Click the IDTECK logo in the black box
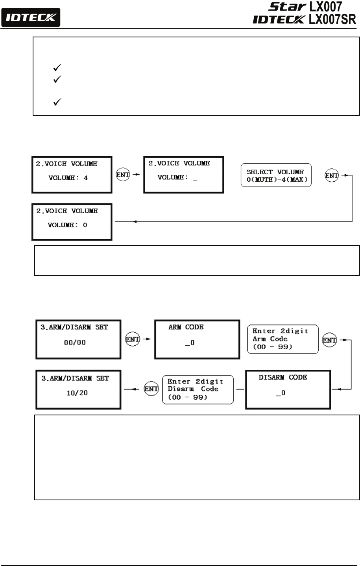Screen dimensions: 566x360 tap(30, 17)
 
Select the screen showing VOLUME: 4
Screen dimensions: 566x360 tap(72, 175)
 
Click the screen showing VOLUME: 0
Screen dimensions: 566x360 tap(72, 222)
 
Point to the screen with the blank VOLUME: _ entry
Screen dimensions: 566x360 tap(183, 175)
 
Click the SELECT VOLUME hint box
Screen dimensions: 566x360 tap(275, 175)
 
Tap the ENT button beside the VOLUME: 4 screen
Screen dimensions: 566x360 tap(123, 175)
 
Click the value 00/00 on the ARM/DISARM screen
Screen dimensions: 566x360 tap(75, 343)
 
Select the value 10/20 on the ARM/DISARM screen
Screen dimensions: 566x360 tap(77, 393)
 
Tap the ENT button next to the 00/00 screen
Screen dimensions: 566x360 tap(132, 339)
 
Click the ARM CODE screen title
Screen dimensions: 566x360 tap(186, 327)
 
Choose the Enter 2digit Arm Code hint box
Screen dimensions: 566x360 tap(282, 339)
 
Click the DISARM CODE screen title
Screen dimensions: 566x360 tap(283, 377)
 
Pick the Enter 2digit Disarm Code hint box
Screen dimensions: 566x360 tap(198, 389)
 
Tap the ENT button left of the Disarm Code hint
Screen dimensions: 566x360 tap(151, 389)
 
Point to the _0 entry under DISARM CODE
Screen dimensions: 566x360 tap(281, 393)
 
